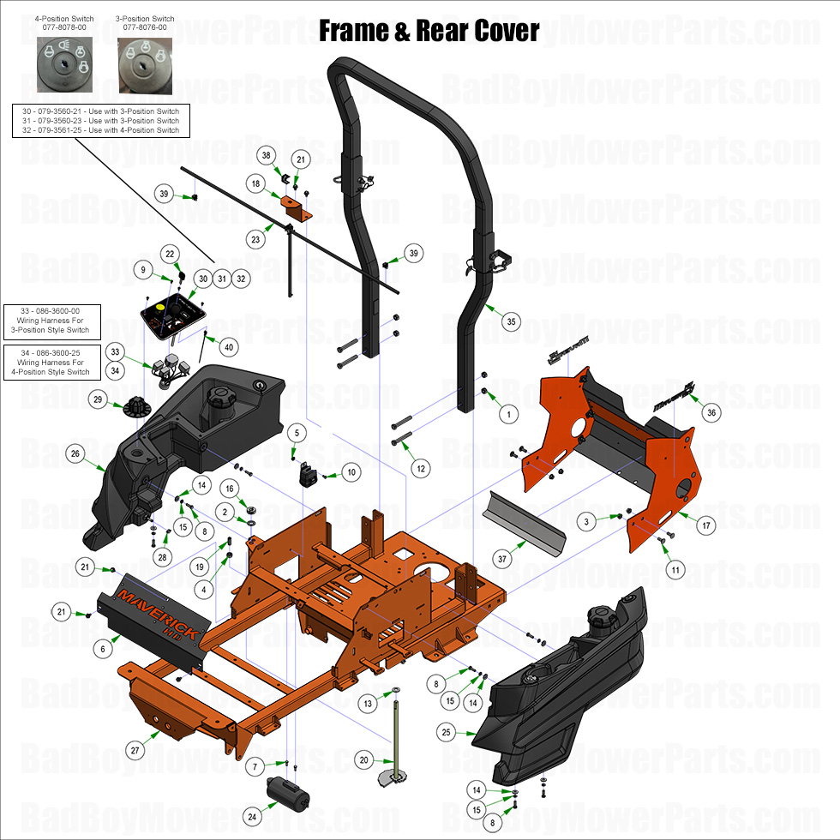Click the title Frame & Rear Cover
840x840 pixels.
tap(429, 32)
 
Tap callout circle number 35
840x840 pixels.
tap(512, 322)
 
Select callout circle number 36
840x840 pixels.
tap(711, 411)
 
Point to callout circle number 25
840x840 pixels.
tap(446, 733)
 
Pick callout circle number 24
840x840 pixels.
tap(252, 817)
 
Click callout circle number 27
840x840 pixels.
tap(135, 750)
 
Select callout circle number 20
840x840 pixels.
tap(364, 759)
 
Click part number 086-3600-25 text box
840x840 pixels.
tap(51, 361)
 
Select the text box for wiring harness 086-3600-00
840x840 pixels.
tap(51, 318)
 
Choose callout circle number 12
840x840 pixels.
tap(420, 469)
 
